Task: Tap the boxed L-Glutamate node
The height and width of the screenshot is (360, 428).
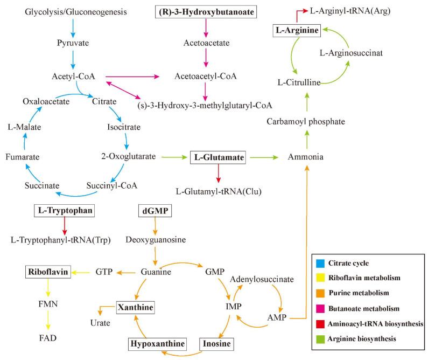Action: point(218,157)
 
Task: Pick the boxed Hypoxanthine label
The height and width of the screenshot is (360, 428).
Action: point(157,343)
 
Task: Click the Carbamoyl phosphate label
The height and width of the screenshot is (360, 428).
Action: point(306,122)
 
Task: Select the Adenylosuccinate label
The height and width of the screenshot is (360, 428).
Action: point(262,280)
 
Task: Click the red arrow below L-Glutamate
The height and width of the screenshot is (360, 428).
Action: point(218,173)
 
